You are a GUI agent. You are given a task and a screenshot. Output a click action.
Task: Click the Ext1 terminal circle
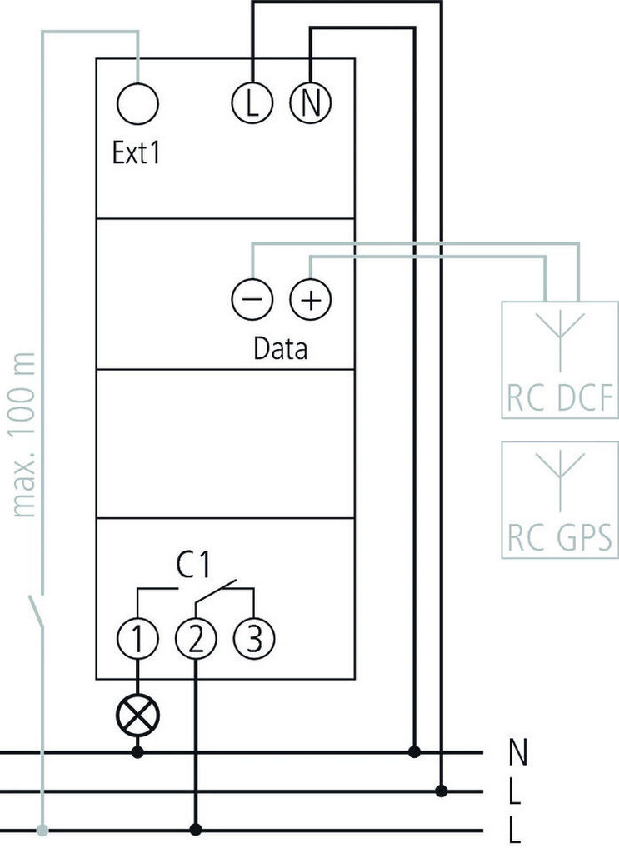pos(137,104)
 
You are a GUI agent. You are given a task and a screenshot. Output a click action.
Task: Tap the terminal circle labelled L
pos(252,104)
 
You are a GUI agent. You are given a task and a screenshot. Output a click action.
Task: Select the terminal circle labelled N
pos(310,104)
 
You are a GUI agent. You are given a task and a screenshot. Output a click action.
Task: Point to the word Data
pos(280,348)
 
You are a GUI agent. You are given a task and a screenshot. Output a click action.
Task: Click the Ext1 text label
pos(136,154)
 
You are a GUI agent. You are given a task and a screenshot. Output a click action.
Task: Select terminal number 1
pos(137,640)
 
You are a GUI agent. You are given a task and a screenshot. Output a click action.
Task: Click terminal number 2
pos(196,640)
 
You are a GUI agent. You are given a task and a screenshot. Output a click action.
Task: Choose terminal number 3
pos(253,640)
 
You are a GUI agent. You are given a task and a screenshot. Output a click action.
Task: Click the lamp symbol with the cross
pos(137,715)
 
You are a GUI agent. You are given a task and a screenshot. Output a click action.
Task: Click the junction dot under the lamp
pos(137,753)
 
